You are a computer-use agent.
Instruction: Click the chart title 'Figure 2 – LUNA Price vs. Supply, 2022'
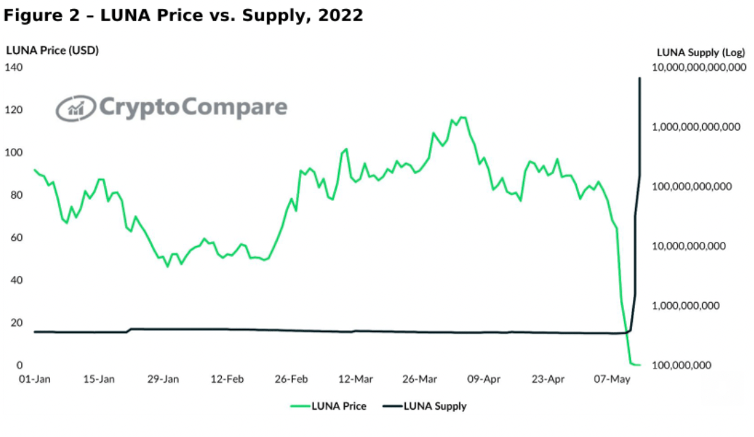183,16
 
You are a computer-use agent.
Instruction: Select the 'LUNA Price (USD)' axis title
53,50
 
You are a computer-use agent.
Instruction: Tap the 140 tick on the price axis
14,67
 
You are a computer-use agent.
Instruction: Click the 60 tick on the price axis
14,238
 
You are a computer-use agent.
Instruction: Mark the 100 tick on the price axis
14,152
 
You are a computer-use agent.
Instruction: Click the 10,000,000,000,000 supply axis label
699,67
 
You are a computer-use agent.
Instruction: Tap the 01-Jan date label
34,379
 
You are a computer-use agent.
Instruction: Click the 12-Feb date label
226,379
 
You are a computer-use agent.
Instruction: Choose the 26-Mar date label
419,379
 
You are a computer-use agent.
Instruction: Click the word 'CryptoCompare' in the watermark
194,108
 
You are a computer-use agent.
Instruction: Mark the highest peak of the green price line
463,117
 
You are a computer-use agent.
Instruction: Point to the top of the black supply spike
640,78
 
